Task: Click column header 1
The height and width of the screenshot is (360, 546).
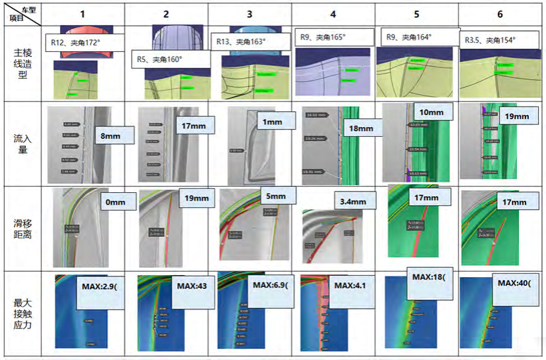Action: coord(82,14)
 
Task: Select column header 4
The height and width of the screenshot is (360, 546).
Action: coord(333,14)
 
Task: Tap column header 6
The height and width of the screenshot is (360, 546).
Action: coord(501,14)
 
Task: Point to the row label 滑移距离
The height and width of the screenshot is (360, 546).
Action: coord(22,228)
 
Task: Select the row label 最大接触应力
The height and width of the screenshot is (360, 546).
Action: coord(22,314)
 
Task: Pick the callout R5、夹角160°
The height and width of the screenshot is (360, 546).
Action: coord(171,59)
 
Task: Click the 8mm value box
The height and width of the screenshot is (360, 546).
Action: coord(113,135)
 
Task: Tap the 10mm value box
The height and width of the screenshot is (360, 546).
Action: coord(432,113)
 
